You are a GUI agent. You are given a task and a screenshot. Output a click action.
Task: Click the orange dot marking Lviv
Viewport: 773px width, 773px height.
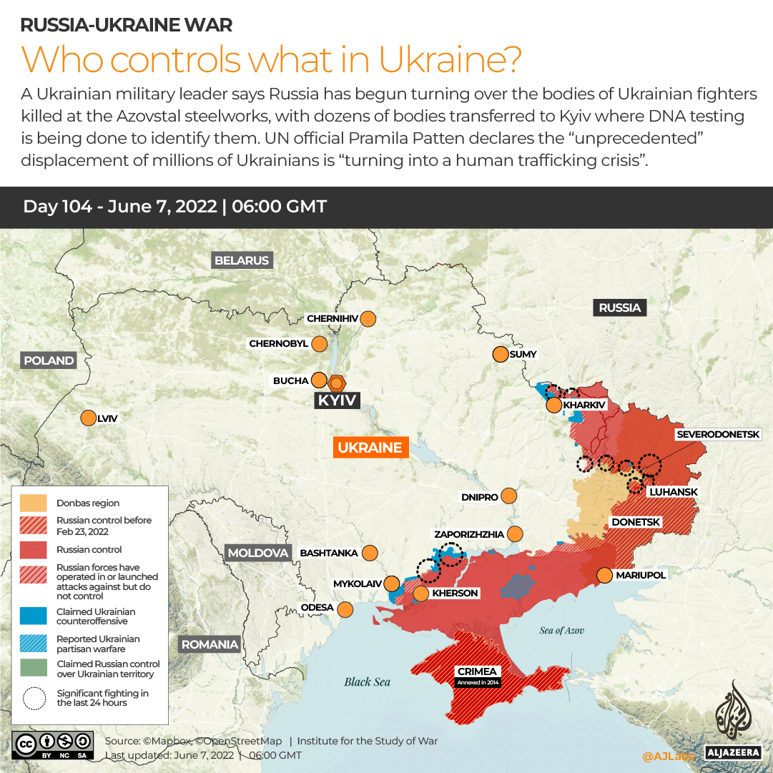(x=88, y=418)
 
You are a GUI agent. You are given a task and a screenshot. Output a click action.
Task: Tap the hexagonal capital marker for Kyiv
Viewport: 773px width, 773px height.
(x=337, y=383)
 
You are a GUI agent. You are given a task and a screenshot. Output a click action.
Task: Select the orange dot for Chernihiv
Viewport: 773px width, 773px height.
(x=368, y=319)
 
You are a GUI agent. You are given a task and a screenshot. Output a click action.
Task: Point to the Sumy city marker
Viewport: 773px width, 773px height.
(x=500, y=354)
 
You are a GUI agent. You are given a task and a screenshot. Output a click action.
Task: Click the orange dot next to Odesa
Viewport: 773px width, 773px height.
(x=345, y=609)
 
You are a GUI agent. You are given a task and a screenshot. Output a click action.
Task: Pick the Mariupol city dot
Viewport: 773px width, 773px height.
(x=604, y=575)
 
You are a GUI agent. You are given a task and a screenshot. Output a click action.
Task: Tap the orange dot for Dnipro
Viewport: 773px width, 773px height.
(x=509, y=496)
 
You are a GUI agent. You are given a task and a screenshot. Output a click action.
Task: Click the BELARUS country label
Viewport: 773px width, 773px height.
(x=242, y=260)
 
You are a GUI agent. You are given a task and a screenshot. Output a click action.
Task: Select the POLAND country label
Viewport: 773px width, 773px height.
(x=49, y=360)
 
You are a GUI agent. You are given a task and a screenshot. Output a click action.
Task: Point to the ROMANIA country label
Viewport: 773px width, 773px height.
(x=210, y=644)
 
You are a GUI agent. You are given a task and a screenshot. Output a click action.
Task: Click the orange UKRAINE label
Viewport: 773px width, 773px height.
(x=370, y=448)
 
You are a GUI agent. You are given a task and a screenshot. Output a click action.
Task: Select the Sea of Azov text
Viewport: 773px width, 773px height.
(x=562, y=630)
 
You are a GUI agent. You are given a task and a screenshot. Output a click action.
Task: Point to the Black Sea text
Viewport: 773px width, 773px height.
(x=367, y=681)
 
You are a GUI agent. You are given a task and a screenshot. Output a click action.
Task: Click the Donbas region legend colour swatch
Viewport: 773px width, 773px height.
(x=33, y=503)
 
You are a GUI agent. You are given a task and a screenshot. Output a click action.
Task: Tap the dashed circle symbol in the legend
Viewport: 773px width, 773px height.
(x=33, y=698)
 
